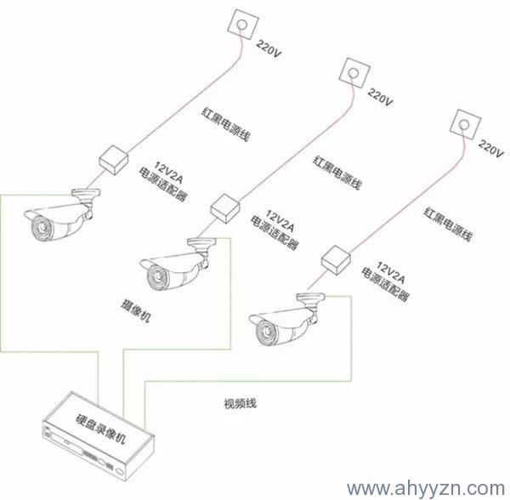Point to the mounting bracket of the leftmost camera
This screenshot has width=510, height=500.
(84, 198)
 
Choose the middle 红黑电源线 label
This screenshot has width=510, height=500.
(337, 173)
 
